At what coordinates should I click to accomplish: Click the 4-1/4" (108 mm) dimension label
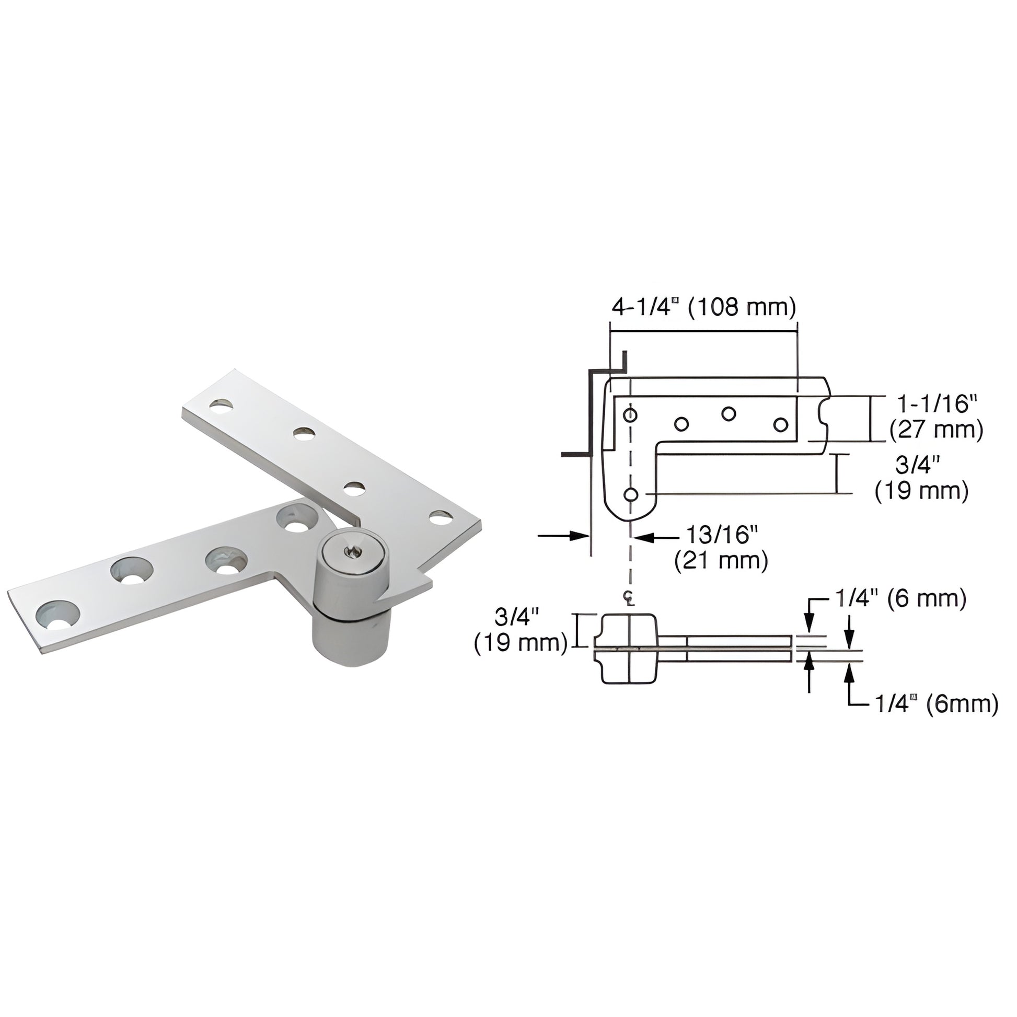(x=703, y=307)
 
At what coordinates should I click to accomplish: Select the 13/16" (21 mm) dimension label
(x=721, y=548)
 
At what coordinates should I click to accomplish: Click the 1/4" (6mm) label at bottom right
(x=937, y=704)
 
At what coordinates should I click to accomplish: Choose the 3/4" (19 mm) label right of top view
(x=922, y=479)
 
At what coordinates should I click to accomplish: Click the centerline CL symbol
(x=629, y=598)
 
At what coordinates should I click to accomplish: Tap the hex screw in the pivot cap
(x=350, y=551)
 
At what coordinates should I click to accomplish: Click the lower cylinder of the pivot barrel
(x=350, y=642)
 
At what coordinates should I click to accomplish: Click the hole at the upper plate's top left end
(x=222, y=406)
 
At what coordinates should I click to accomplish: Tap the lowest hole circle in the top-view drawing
(x=631, y=494)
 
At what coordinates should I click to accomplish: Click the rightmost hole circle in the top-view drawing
(x=781, y=424)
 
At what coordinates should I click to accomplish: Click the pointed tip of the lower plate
(x=431, y=582)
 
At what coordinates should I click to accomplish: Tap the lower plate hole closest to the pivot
(x=297, y=518)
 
